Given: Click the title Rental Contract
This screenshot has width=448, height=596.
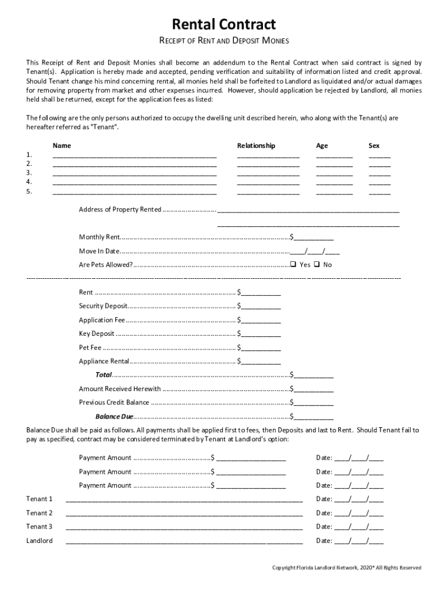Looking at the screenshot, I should tap(223, 24).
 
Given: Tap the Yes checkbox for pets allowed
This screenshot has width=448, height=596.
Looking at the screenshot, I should tap(293, 264).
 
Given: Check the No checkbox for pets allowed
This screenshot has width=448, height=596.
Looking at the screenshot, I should tap(317, 264).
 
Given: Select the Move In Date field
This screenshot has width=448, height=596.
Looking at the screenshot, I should tap(315, 251).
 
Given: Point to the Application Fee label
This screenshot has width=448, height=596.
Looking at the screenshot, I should tap(102, 320).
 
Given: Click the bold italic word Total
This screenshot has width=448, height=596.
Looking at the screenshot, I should tap(104, 375).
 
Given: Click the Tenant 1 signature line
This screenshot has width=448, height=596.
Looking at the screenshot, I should tap(184, 499).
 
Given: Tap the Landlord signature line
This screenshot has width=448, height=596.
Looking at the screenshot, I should tap(184, 541).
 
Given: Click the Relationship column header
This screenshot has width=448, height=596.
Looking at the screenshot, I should tap(256, 146).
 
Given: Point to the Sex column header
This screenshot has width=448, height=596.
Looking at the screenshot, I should tap(374, 146).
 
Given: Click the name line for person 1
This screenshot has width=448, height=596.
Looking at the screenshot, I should tap(134, 156).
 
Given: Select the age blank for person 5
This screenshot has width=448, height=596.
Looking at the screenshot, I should tap(334, 192).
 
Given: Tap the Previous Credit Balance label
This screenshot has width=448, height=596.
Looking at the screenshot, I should tap(114, 402).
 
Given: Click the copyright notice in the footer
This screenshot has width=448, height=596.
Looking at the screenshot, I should tap(347, 567).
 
